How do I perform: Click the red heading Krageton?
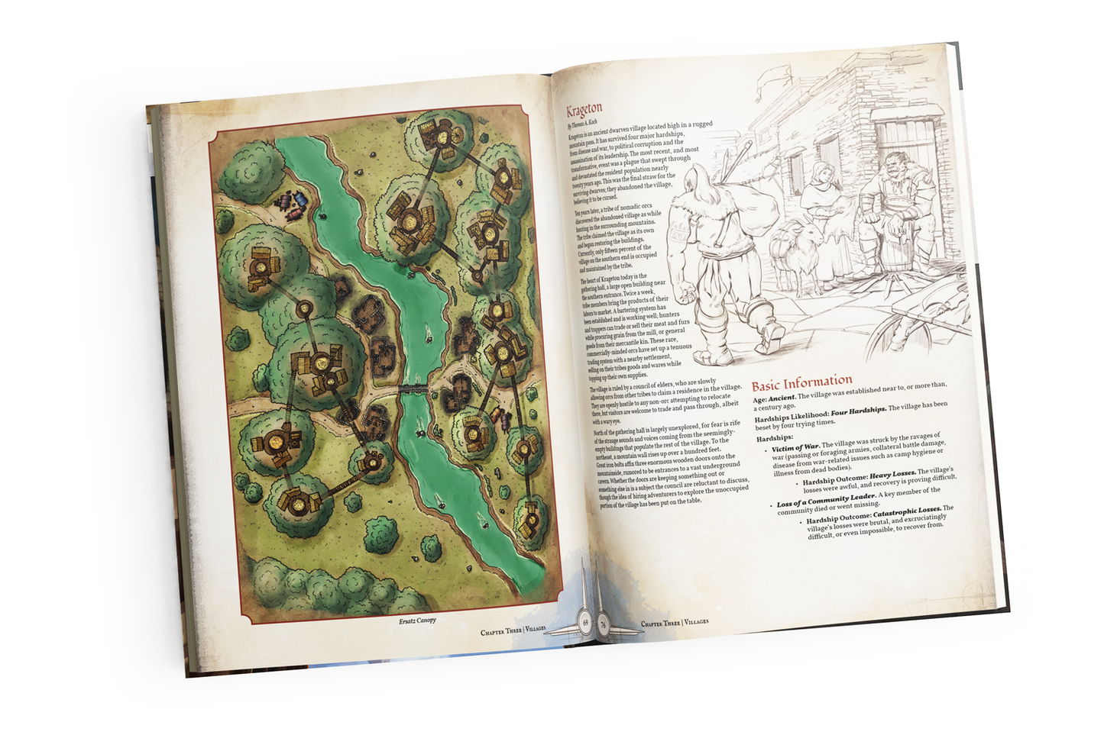[x=584, y=109]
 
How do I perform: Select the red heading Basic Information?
[x=802, y=382]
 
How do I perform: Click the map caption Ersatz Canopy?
[x=417, y=620]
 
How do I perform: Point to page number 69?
[x=585, y=622]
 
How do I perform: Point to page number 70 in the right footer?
[x=603, y=623]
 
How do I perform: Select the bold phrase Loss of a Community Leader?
[x=826, y=501]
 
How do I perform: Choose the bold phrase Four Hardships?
[x=859, y=410]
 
